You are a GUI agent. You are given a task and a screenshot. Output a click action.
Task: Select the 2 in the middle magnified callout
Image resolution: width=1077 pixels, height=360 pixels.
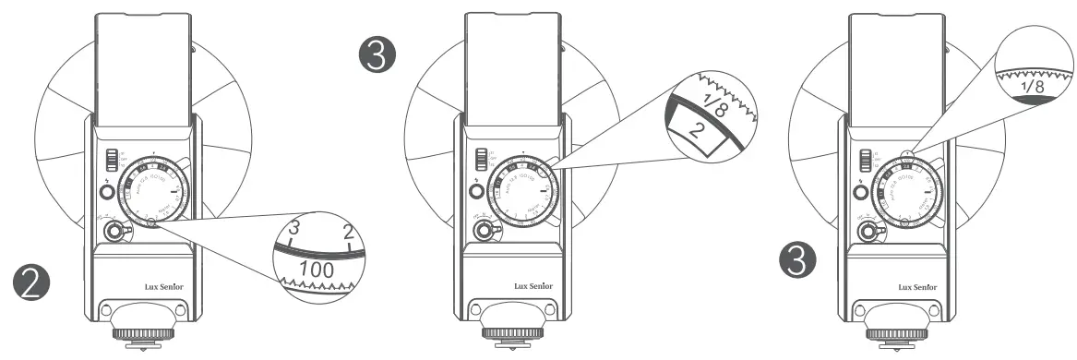click(700, 128)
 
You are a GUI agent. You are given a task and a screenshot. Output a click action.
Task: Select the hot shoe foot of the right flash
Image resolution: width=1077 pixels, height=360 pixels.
click(914, 342)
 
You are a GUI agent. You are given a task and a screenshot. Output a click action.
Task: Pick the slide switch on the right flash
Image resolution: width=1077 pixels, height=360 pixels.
click(863, 159)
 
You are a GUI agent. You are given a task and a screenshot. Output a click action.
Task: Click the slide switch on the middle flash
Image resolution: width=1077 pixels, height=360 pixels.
click(480, 159)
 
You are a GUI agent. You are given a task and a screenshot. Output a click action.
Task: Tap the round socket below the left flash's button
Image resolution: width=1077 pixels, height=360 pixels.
click(114, 232)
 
